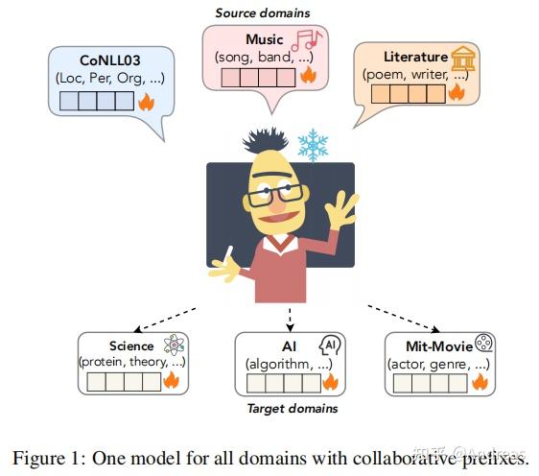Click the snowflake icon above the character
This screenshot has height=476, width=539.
[x=312, y=145]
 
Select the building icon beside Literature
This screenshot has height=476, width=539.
[x=464, y=57]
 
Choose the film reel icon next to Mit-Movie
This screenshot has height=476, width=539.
[x=487, y=345]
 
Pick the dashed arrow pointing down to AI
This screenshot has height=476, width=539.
[x=289, y=319]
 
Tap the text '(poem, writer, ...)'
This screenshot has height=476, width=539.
[x=412, y=74]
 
